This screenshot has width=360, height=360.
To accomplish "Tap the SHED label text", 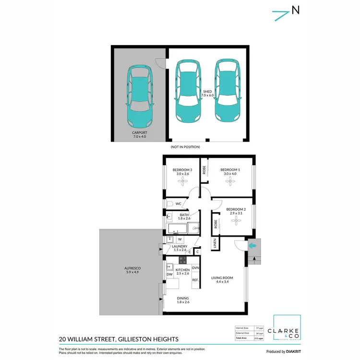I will point(207,91).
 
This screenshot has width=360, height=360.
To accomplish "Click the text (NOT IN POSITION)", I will point(185,147).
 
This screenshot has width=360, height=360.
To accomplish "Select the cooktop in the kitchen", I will point(182,260).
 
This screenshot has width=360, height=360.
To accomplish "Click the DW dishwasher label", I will point(169,275).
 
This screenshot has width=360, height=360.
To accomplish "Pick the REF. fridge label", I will point(195,279).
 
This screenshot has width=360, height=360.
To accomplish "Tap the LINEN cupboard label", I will point(216,244).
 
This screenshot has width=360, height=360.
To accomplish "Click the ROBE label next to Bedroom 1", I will point(204,170).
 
